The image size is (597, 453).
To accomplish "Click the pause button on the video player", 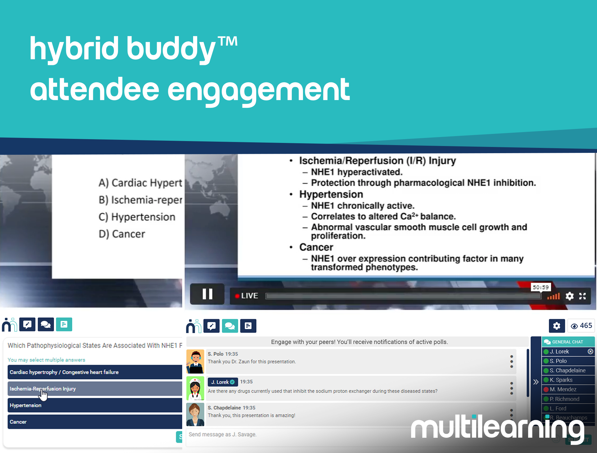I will click(207, 294).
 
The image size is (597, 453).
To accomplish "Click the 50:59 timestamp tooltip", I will click(540, 287).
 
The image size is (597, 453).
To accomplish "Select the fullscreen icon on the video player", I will click(582, 296).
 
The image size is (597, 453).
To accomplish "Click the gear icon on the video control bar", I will click(569, 296).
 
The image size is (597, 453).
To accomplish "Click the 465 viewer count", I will click(581, 326).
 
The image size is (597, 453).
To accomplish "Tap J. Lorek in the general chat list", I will click(559, 352).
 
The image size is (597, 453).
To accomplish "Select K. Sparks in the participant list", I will click(561, 380).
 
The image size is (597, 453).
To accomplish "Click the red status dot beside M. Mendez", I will click(546, 389).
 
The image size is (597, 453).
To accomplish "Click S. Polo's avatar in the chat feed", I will click(195, 361).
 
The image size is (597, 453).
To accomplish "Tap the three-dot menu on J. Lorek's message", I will click(511, 388).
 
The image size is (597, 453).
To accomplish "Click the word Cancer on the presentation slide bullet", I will click(316, 247).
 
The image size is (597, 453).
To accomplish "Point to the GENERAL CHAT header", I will click(568, 342).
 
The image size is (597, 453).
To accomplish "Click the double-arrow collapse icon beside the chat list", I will click(536, 382).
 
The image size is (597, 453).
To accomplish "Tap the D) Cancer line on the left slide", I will click(122, 234).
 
